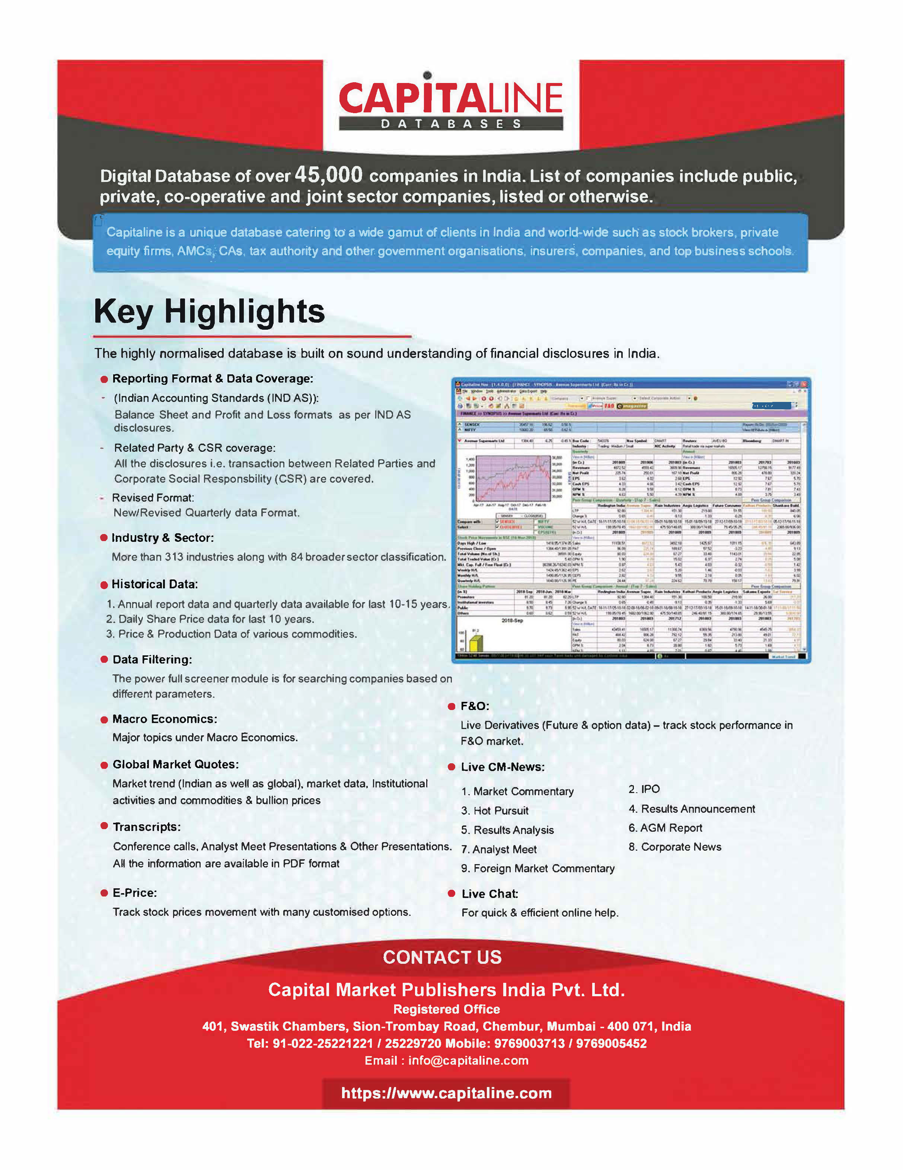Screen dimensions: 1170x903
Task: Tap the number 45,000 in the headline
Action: tap(329, 175)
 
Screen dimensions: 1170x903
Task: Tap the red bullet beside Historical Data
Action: tap(104, 585)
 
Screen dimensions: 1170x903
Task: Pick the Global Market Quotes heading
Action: tap(175, 764)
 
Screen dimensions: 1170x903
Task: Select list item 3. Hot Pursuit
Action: tap(495, 811)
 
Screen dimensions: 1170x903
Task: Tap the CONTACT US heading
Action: tap(442, 957)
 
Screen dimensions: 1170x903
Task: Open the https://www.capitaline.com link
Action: tap(446, 1093)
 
